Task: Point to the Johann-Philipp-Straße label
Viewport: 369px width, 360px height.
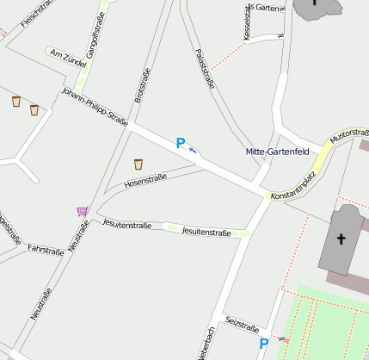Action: pos(95,106)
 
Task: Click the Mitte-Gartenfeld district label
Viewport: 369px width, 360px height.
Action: pos(277,152)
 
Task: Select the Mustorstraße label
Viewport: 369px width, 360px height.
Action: pos(349,136)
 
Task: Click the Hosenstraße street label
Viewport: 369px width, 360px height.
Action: pos(145,182)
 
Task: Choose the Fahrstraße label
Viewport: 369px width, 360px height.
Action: pos(46,251)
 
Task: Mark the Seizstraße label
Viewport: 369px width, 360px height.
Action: pos(242,326)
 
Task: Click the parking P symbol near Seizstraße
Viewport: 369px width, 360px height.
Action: pos(264,344)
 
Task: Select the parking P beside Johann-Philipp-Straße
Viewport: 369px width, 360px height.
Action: pos(181,144)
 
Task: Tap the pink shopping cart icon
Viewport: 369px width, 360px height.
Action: pos(83,211)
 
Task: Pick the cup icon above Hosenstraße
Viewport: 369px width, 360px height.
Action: pos(138,164)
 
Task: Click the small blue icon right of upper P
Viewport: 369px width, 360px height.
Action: pos(194,149)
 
